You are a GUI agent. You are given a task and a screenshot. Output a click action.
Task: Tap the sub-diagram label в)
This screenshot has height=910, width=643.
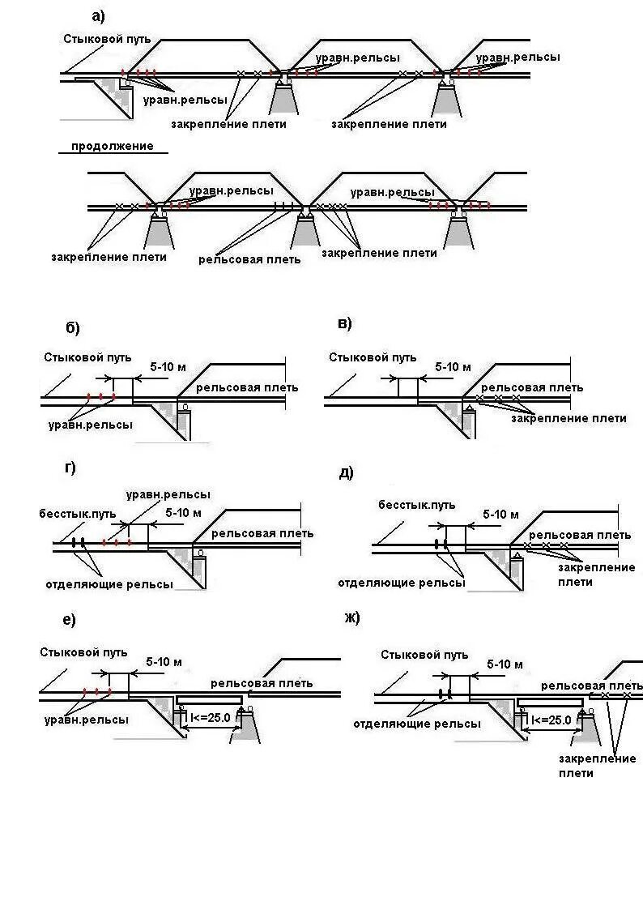pyautogui.click(x=344, y=324)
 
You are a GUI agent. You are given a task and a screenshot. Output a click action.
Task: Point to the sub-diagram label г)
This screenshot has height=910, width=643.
pyautogui.click(x=70, y=468)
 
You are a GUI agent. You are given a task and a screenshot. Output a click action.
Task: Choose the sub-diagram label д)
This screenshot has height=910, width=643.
pyautogui.click(x=346, y=472)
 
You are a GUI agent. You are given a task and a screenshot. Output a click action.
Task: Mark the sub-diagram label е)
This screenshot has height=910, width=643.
pyautogui.click(x=69, y=620)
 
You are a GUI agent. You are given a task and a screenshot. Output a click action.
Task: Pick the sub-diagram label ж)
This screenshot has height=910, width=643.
pyautogui.click(x=351, y=617)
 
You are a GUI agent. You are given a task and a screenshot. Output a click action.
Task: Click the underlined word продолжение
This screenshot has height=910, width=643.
pyautogui.click(x=113, y=147)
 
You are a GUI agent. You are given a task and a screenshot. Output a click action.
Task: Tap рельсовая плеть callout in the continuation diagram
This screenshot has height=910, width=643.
pyautogui.click(x=249, y=259)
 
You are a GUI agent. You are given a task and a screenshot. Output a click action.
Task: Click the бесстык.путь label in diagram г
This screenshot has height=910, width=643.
pyautogui.click(x=78, y=514)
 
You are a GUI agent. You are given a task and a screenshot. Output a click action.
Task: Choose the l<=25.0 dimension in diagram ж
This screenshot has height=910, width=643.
pyautogui.click(x=551, y=719)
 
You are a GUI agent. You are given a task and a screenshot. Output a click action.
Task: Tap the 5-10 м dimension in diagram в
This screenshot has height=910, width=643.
pyautogui.click(x=453, y=366)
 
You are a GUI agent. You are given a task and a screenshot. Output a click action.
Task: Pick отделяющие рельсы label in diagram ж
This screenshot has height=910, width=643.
pyautogui.click(x=416, y=723)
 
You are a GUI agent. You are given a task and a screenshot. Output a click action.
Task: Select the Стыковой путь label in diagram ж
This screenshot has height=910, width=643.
pyautogui.click(x=424, y=655)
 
